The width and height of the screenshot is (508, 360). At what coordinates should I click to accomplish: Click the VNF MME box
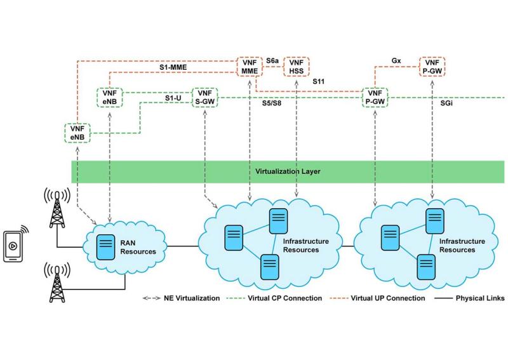pyautogui.click(x=250, y=67)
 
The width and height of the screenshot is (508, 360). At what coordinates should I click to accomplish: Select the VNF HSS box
pyautogui.click(x=296, y=67)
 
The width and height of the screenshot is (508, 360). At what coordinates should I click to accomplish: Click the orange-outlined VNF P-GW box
pyautogui.click(x=432, y=67)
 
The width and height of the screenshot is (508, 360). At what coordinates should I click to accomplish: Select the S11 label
pyautogui.click(x=319, y=82)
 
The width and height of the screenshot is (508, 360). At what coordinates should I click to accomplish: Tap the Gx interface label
pyautogui.click(x=396, y=60)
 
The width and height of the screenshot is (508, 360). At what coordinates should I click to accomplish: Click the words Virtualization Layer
pyautogui.click(x=283, y=171)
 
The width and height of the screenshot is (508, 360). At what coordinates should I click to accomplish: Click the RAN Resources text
pyautogui.click(x=138, y=247)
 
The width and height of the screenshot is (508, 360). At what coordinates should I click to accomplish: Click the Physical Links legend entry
pyautogui.click(x=471, y=297)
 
